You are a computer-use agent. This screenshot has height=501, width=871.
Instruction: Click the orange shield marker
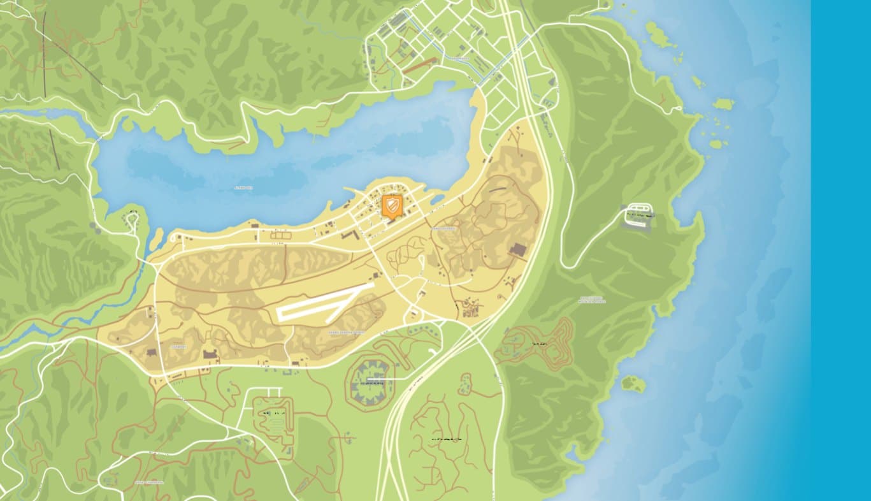[392, 207]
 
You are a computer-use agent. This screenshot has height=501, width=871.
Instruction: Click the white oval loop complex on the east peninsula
[638, 214]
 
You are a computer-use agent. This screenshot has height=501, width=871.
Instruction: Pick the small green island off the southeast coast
[633, 384]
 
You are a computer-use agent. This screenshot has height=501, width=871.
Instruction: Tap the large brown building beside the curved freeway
[517, 249]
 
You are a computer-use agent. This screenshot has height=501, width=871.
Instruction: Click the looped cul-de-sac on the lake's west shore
[132, 219]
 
